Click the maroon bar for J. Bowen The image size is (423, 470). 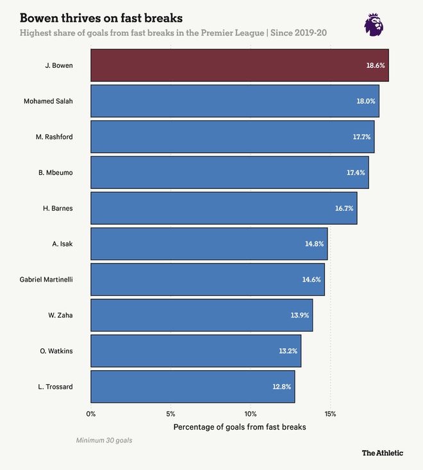tap(239, 65)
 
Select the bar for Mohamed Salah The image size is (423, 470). tap(235, 101)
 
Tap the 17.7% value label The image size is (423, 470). tap(363, 137)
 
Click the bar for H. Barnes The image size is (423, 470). tap(224, 208)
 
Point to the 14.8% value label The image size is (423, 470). tap(315, 244)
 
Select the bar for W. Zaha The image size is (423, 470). tap(201, 315)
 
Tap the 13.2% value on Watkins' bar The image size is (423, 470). tap(288, 351)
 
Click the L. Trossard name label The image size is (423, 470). tap(56, 387)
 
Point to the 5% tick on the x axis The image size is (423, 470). tap(170, 414)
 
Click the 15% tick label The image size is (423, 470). tap(330, 414)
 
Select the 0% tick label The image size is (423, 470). tap(91, 414)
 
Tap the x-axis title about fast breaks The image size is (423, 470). tap(240, 426)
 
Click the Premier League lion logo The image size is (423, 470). tap(375, 24)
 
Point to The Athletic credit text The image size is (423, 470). tap(382, 453)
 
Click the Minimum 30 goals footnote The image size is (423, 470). tap(104, 441)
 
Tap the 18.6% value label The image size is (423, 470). tap(376, 65)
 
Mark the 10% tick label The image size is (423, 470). tap(250, 414)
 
